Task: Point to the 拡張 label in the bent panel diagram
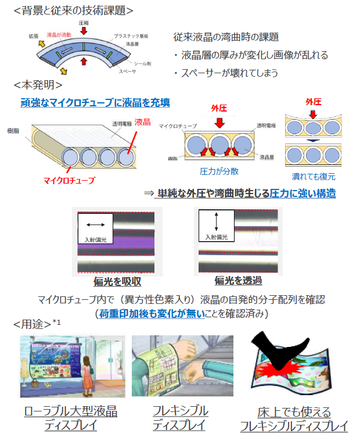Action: click(34, 36)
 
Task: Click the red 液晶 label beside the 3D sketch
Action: click(142, 122)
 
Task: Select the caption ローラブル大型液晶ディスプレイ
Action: click(71, 418)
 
